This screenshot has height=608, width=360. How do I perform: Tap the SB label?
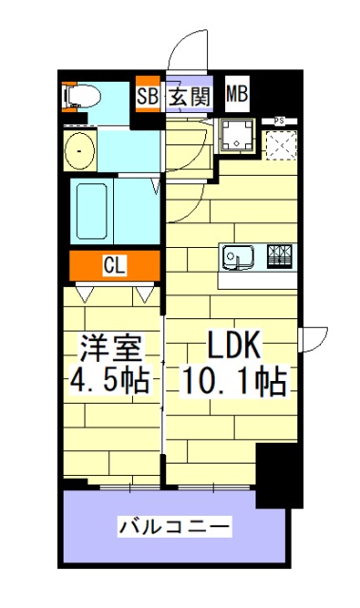(147, 95)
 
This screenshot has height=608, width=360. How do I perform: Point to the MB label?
(237, 95)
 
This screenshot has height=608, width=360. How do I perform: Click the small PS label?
(280, 120)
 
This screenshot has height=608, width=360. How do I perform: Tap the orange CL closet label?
(113, 266)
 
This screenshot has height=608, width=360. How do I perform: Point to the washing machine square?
(236, 137)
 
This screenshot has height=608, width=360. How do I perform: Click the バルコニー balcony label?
(174, 525)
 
